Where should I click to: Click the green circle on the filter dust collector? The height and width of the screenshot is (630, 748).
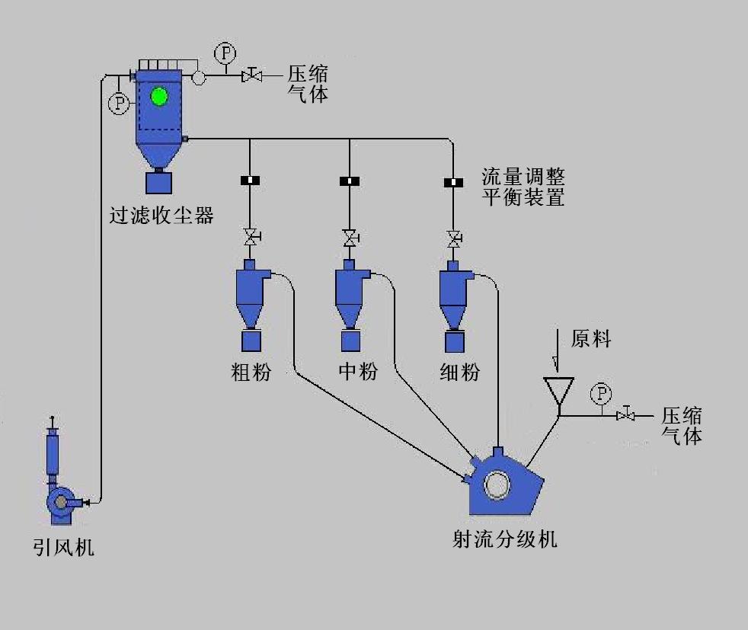[159, 97]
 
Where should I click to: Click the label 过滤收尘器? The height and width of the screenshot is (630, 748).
[161, 215]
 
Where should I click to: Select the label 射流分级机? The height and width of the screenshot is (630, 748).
[505, 539]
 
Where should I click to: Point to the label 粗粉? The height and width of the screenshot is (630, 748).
[251, 372]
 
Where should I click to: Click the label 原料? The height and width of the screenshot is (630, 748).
[591, 339]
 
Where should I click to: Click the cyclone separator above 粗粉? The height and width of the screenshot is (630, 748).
[251, 293]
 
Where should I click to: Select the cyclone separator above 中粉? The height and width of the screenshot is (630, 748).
[351, 293]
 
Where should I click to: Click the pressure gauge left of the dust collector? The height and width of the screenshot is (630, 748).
[119, 104]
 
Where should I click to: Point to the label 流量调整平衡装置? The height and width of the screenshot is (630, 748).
[523, 187]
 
